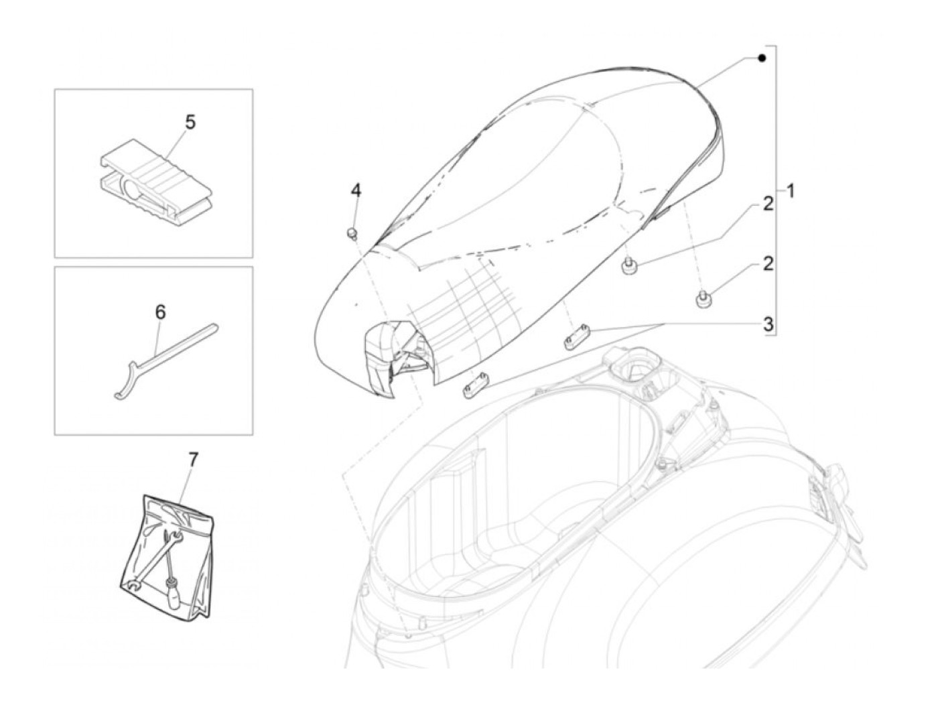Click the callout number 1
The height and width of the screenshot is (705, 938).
click(x=791, y=191)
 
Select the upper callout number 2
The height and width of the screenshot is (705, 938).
click(x=768, y=204)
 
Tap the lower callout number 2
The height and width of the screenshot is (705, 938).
click(x=768, y=263)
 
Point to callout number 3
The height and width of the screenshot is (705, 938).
click(x=768, y=324)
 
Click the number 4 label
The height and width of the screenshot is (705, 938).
click(x=356, y=190)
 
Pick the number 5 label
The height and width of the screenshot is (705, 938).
click(x=190, y=123)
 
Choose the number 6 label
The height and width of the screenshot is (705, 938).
click(x=160, y=312)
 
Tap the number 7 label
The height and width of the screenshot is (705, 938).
click(x=193, y=460)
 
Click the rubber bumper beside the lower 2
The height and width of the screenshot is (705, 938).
click(x=703, y=300)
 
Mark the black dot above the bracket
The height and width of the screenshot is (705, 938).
click(x=762, y=58)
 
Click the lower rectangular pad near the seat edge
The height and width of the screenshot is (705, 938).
click(x=474, y=384)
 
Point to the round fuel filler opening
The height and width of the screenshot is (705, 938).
click(x=637, y=365)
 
